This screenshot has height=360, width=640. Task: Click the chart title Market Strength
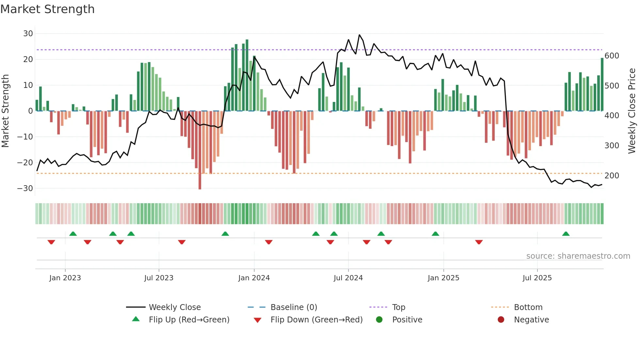pyautogui.click(x=47, y=9)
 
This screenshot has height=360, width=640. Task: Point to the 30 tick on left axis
pyautogui.click(x=28, y=34)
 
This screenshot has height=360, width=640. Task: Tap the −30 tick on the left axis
pyautogui.click(x=25, y=188)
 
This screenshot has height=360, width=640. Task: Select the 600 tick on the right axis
pyautogui.click(x=612, y=56)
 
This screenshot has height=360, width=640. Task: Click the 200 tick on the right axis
pyautogui.click(x=612, y=176)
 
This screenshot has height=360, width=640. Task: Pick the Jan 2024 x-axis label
pyautogui.click(x=254, y=278)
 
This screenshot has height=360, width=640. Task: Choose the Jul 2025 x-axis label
pyautogui.click(x=537, y=278)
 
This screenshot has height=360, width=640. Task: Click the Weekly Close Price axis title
pyautogui.click(x=632, y=111)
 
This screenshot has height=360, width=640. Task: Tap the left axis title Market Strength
pyautogui.click(x=5, y=111)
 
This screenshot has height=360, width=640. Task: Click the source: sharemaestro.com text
pyautogui.click(x=578, y=256)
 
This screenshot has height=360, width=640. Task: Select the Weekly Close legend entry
pyautogui.click(x=175, y=307)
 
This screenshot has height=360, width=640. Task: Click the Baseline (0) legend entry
pyautogui.click(x=294, y=307)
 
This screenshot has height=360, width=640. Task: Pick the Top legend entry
pyautogui.click(x=398, y=307)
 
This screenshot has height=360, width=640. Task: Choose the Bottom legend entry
pyautogui.click(x=528, y=307)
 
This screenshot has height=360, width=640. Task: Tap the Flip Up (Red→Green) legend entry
pyautogui.click(x=189, y=320)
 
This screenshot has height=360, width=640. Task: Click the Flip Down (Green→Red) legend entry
pyautogui.click(x=316, y=320)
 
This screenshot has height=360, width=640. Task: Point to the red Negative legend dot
pyautogui.click(x=501, y=319)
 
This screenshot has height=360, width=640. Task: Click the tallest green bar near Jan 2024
pyautogui.click(x=247, y=75)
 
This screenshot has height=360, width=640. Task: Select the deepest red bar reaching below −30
pyautogui.click(x=200, y=150)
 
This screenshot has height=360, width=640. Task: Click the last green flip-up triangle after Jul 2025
pyautogui.click(x=566, y=234)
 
